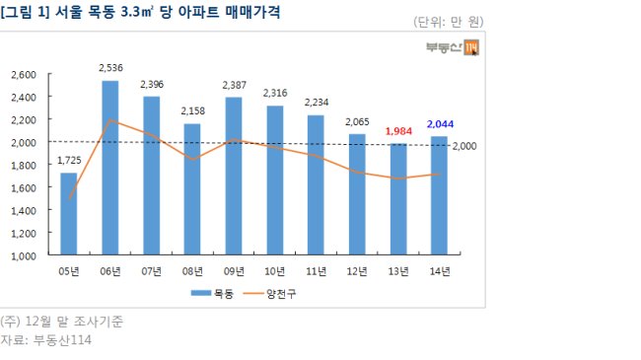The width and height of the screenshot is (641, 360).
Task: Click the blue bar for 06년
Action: (110, 168)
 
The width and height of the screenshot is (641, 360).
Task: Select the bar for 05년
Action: (69, 214)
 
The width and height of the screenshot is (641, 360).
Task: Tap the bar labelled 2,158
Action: (192, 189)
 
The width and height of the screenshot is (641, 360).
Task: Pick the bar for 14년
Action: (439, 195)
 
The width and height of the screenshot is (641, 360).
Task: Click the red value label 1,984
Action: (398, 131)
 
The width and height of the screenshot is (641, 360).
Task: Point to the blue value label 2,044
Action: (440, 124)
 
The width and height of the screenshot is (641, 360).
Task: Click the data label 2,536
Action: (110, 68)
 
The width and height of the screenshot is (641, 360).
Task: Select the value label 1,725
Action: (69, 161)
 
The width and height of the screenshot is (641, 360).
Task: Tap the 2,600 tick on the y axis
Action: (24, 75)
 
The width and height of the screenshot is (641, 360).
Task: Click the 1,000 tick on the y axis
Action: (24, 256)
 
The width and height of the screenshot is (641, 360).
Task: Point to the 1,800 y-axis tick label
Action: (24, 166)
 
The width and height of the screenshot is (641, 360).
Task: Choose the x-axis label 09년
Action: (234, 271)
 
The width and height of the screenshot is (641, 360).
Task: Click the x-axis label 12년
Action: (357, 271)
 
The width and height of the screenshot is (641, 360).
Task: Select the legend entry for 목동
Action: (212, 293)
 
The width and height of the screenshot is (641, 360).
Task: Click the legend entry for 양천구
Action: (270, 293)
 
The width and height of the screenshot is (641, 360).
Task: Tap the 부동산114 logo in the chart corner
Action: (453, 47)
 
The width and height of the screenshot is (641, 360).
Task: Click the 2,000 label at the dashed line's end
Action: (464, 146)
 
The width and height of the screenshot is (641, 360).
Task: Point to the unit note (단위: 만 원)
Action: (449, 22)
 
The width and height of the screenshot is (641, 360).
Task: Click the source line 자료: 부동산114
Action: (45, 340)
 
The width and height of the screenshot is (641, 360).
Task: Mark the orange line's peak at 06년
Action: (110, 120)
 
